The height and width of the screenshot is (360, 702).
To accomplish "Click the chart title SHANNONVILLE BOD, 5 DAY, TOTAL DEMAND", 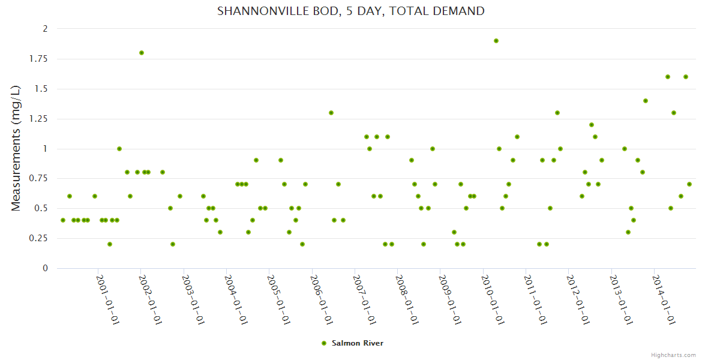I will pyautogui.click(x=351, y=11).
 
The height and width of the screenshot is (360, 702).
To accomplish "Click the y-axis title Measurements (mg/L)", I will pyautogui.click(x=16, y=148).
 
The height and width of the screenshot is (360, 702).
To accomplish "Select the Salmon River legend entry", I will pyautogui.click(x=352, y=343).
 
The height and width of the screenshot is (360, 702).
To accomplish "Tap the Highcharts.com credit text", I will pyautogui.click(x=673, y=355).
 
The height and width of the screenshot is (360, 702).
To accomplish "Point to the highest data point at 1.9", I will pyautogui.click(x=496, y=41).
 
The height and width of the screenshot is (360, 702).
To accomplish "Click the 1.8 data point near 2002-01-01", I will pyautogui.click(x=142, y=53).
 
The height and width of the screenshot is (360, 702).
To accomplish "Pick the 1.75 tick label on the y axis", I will pyautogui.click(x=39, y=59).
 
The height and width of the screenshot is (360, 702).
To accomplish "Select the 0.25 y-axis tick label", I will pyautogui.click(x=39, y=238).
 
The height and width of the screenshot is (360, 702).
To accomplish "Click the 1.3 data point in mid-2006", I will pyautogui.click(x=331, y=113).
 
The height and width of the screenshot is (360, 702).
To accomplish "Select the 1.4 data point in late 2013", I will pyautogui.click(x=646, y=101).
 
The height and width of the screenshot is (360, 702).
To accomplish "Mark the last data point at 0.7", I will pyautogui.click(x=689, y=184).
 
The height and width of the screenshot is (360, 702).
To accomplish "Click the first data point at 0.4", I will pyautogui.click(x=63, y=220).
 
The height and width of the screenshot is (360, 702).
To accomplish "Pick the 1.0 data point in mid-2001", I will pyautogui.click(x=119, y=149).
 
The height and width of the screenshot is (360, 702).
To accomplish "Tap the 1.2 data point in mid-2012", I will pyautogui.click(x=592, y=125).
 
